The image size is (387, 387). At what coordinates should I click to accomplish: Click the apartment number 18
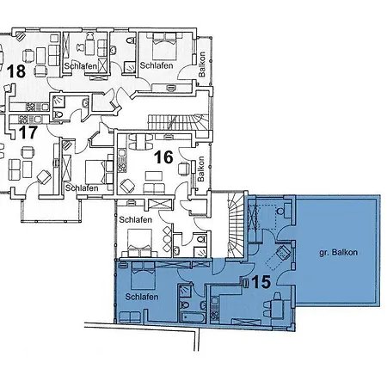(16, 71)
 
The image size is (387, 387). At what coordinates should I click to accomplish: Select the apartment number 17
(28, 132)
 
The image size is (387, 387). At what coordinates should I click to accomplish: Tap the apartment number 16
(163, 157)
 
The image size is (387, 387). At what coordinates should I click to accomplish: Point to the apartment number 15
(261, 282)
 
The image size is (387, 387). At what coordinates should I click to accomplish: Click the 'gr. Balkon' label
(338, 253)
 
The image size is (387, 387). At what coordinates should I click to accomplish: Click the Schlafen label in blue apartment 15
(142, 297)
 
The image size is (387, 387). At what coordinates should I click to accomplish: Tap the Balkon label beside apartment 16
(201, 169)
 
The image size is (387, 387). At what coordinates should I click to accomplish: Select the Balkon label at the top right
(202, 64)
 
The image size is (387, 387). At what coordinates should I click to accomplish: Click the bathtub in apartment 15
(193, 317)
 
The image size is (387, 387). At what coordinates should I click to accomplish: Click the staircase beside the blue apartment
(236, 224)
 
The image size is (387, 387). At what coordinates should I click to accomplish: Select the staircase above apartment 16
(178, 122)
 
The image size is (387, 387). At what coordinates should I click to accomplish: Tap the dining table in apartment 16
(141, 142)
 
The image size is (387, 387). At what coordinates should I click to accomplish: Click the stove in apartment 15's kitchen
(214, 315)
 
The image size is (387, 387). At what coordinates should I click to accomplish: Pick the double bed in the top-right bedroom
(164, 46)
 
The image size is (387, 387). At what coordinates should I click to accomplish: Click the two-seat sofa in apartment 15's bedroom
(130, 317)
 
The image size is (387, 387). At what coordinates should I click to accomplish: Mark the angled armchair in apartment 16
(127, 186)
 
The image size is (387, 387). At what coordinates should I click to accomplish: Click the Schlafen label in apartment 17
(82, 188)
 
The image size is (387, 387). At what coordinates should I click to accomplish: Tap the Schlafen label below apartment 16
(135, 220)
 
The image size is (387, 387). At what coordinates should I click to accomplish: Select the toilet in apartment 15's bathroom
(185, 305)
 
